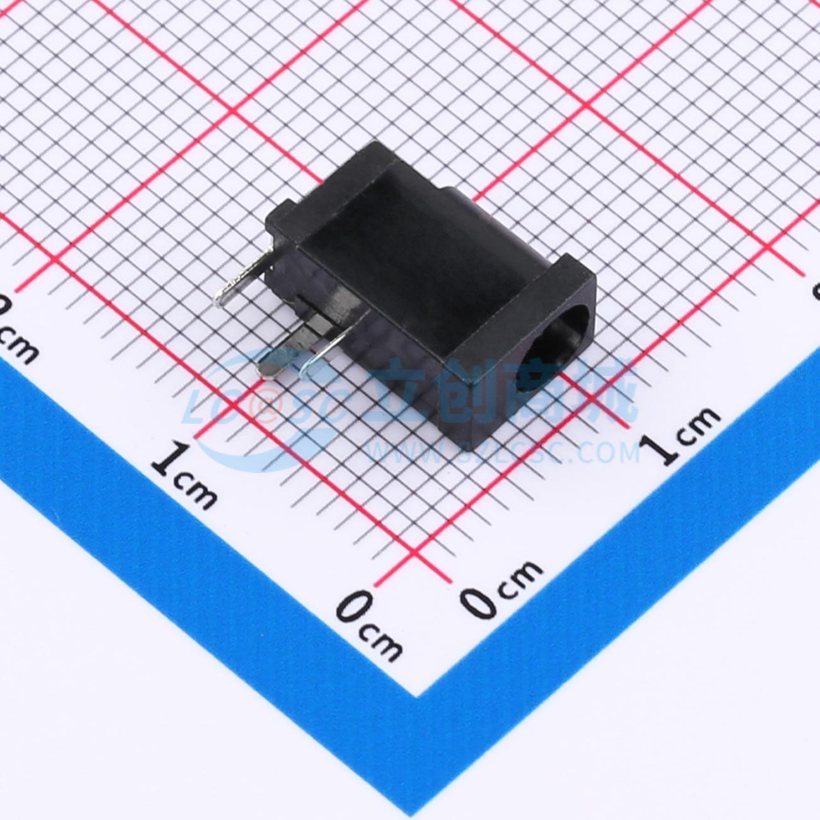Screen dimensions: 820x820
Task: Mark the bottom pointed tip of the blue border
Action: pos(416,694)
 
